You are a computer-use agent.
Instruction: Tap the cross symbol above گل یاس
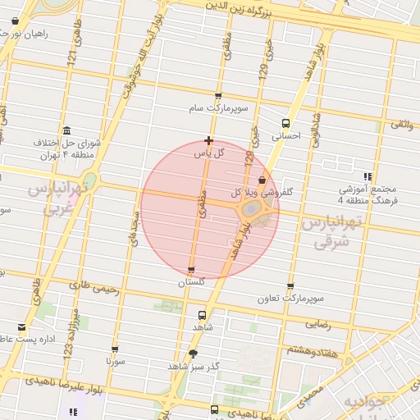click(x=209, y=140)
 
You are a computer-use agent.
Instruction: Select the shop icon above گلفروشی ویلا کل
click(x=262, y=180)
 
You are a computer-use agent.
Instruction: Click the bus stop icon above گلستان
click(x=191, y=270)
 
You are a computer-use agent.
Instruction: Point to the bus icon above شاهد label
click(x=202, y=314)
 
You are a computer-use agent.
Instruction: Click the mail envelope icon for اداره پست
click(x=21, y=327)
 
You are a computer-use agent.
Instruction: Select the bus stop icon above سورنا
click(x=115, y=348)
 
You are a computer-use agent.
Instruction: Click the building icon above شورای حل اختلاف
click(x=66, y=130)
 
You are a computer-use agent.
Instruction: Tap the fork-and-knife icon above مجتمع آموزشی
click(x=368, y=176)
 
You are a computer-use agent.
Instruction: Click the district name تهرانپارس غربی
click(x=60, y=199)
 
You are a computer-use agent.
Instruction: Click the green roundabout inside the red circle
click(x=251, y=211)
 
